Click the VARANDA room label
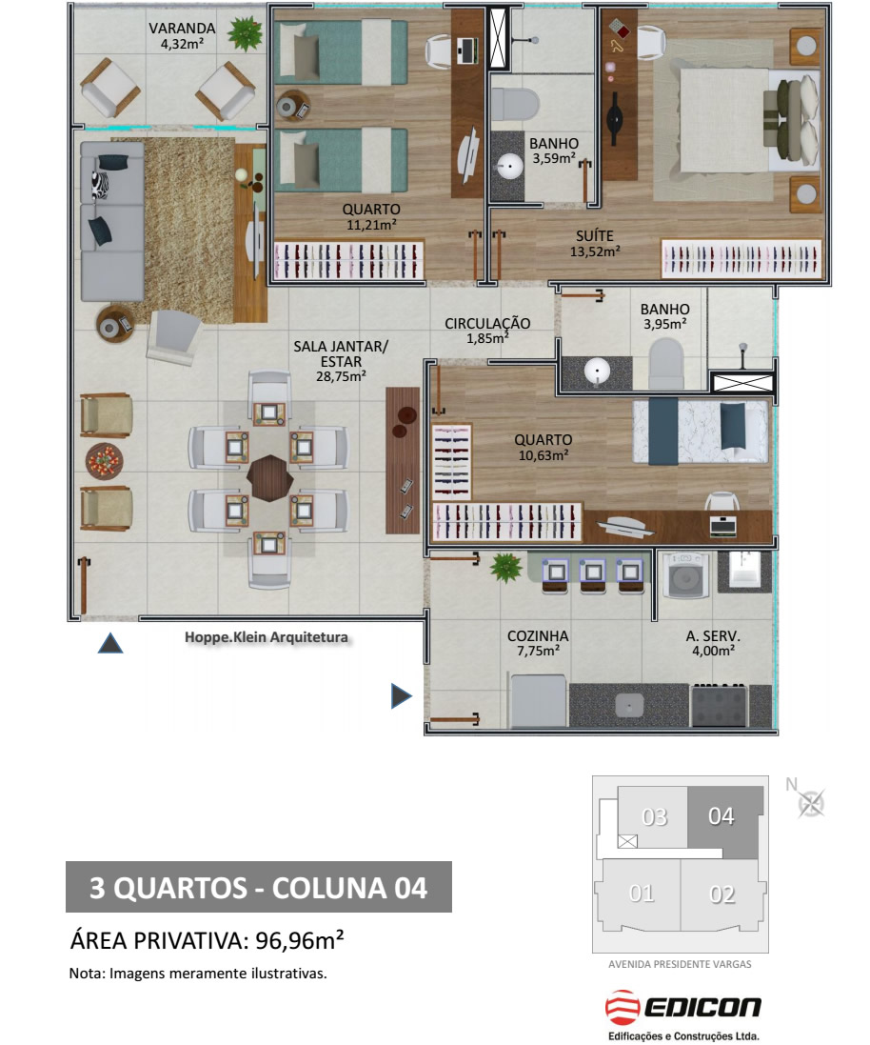tap(182, 29)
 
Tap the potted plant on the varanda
tap(244, 32)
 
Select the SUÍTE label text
tap(595, 236)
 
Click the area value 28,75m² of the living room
tap(341, 376)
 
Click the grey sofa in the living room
tap(112, 221)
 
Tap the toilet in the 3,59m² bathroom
tap(514, 105)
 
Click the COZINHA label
tap(538, 635)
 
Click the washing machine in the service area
tap(684, 575)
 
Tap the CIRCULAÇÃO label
tap(487, 323)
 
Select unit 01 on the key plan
tap(641, 894)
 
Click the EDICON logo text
tap(702, 1007)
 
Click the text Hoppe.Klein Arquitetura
tap(267, 637)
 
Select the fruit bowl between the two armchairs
tap(105, 460)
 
